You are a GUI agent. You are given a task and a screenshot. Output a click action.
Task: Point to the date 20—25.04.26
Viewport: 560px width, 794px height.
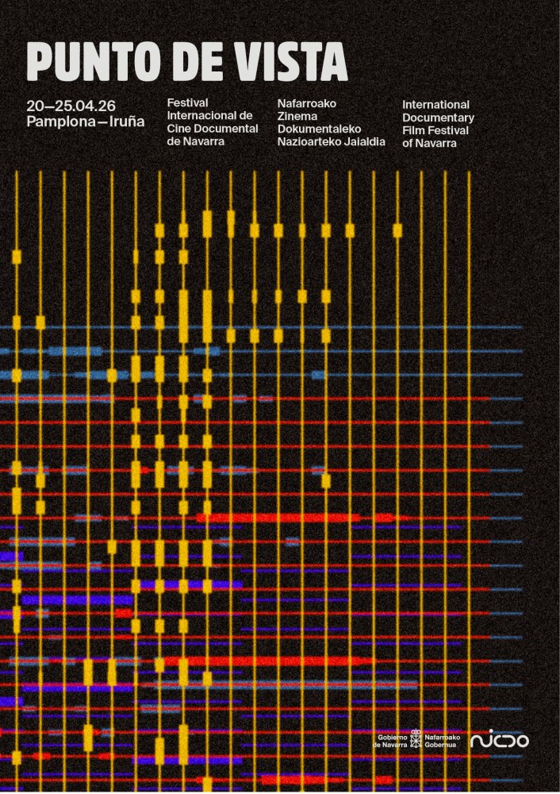tap(71, 106)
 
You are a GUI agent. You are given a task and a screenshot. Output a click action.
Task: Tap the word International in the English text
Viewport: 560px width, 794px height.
tap(435, 105)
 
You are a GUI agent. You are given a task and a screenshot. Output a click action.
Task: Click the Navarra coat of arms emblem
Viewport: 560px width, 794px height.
tap(416, 740)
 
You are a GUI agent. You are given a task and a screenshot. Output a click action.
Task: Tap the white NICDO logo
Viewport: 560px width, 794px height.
tap(499, 740)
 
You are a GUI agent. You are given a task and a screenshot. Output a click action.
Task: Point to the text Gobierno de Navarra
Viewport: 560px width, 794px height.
tap(389, 741)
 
